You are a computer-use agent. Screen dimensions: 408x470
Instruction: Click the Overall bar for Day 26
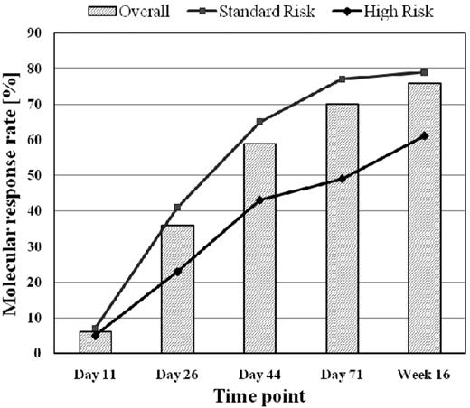click(177, 289)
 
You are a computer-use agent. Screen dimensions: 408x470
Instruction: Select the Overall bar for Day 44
click(260, 248)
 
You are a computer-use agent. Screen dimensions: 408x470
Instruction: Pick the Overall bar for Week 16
click(424, 218)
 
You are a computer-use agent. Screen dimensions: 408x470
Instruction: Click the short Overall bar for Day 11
click(96, 342)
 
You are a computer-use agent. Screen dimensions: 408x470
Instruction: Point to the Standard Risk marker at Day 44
click(260, 121)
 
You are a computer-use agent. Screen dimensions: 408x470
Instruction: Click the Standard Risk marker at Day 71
click(342, 79)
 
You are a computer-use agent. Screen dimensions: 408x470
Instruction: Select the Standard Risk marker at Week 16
click(424, 71)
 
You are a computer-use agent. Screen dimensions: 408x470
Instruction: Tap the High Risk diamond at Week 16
click(424, 135)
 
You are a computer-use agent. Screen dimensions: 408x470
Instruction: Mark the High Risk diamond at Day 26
click(177, 271)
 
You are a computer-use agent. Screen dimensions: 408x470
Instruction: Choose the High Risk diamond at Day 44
click(260, 199)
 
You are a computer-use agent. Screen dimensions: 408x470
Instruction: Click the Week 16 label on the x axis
click(424, 371)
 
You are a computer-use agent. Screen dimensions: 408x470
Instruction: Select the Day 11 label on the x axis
click(96, 371)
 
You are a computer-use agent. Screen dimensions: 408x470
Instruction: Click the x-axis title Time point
click(259, 395)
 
